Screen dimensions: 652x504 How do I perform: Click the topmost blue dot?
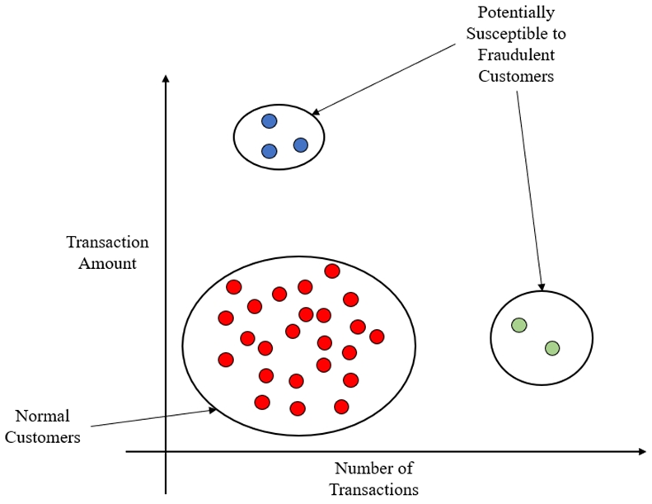click(270, 121)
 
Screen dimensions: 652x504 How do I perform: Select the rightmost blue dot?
click(301, 145)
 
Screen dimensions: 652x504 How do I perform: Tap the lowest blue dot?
click(270, 151)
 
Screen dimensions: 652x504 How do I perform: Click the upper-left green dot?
click(519, 325)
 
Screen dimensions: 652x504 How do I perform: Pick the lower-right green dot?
click(552, 348)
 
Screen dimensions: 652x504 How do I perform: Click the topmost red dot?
click(332, 271)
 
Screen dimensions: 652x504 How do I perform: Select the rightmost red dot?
click(377, 337)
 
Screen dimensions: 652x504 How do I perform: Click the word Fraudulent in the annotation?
click(516, 54)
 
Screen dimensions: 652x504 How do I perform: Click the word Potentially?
click(516, 12)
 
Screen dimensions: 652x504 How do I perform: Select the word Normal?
click(42, 416)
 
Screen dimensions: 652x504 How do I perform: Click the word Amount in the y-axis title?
click(107, 263)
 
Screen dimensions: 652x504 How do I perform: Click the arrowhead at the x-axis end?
click(642, 451)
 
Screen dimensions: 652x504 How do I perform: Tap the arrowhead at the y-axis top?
click(166, 79)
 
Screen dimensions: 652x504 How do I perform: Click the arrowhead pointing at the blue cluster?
click(315, 111)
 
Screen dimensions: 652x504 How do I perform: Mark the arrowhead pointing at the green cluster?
click(541, 287)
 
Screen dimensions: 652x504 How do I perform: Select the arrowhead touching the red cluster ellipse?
click(213, 410)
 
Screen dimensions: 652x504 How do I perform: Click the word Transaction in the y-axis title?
click(107, 242)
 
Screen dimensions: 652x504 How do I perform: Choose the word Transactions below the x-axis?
click(374, 489)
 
